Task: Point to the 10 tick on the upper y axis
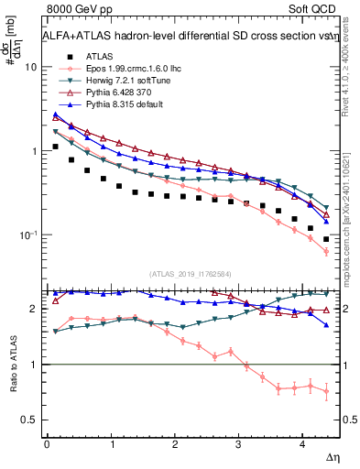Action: click(31, 68)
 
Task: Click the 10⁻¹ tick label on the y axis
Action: click(27, 235)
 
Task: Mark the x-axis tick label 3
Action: click(239, 444)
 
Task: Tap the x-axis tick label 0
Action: click(47, 444)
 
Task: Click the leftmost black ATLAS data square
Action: click(56, 147)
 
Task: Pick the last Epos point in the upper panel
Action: click(326, 251)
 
